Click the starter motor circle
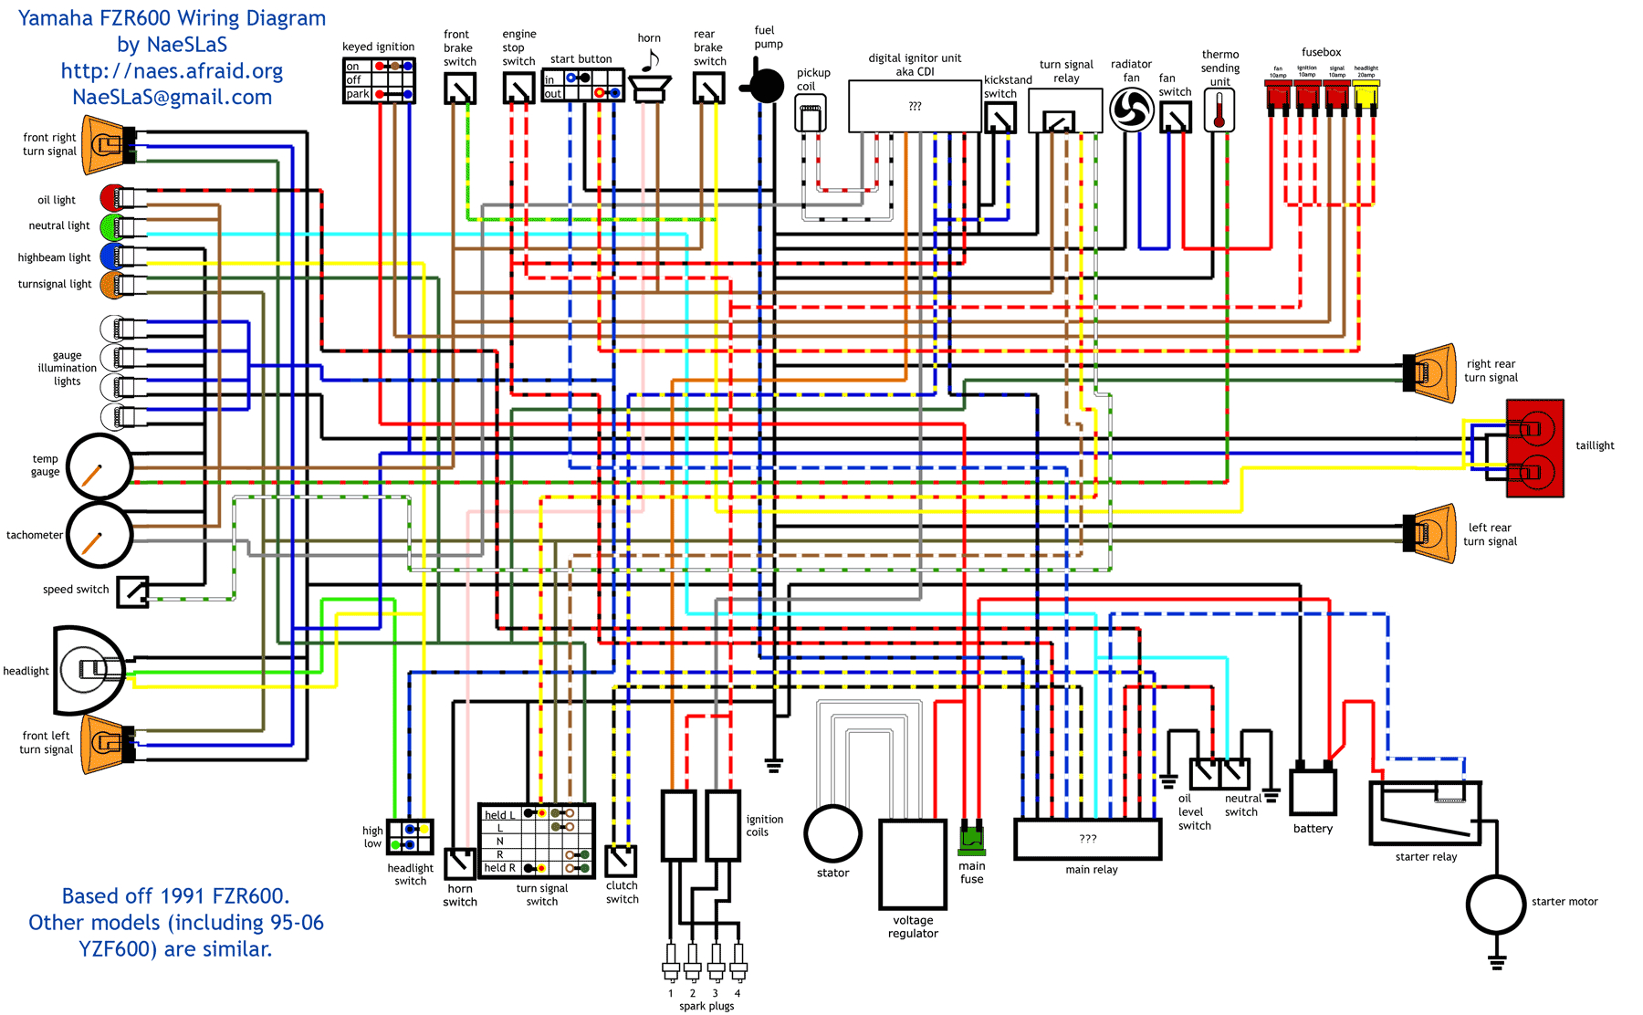pos(1495,904)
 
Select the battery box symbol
pos(1313,790)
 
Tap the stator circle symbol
pos(832,832)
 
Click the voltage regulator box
pos(912,863)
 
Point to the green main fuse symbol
pos(971,838)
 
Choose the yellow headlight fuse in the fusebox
pos(1366,95)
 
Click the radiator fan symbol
pos(1132,110)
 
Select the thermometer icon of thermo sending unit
pos(1219,110)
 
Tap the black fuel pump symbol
pos(765,86)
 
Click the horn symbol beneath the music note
pos(650,89)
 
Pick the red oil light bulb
pos(112,197)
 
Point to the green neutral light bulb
pos(112,225)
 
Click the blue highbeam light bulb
pos(111,256)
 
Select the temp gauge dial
pos(99,467)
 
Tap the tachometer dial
pos(99,535)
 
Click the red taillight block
pos(1534,448)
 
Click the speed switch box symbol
pos(133,591)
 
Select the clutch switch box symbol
pos(621,861)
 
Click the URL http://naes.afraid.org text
pos(172,71)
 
